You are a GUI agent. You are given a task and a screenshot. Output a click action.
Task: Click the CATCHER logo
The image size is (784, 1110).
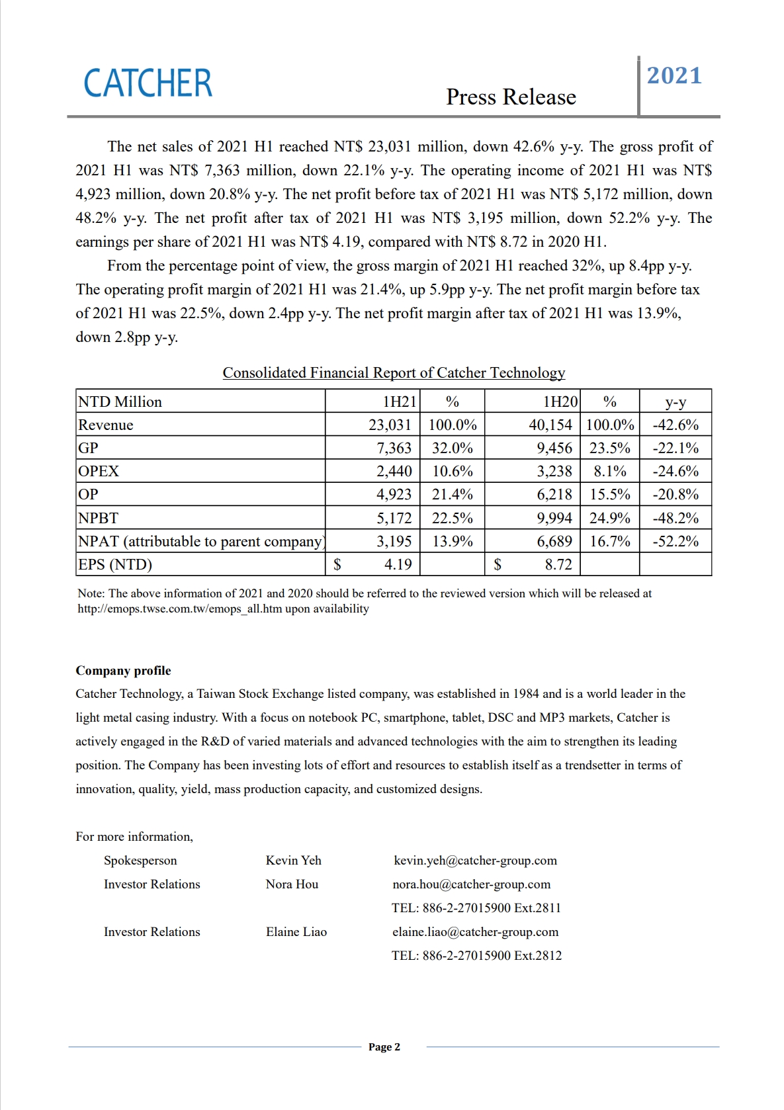pos(148,83)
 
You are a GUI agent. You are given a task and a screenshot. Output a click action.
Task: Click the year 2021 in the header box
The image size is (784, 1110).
pos(674,75)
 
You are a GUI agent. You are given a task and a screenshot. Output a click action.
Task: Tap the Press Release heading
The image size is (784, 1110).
pos(511,97)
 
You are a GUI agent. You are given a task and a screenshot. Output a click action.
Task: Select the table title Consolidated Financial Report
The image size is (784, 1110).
pos(394,373)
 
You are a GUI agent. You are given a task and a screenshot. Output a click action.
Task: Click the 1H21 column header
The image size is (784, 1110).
pos(400,402)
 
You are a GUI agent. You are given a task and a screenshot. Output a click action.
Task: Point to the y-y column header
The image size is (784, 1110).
pos(675,402)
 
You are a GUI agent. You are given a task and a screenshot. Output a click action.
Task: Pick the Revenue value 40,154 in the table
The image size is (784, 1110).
pos(550,425)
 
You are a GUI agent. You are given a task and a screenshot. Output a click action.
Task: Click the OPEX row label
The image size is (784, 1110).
pos(99,471)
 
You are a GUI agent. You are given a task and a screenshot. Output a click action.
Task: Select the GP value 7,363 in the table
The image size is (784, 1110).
pos(394,448)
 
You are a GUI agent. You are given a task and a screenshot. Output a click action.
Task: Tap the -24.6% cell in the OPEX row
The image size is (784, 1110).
pos(675,471)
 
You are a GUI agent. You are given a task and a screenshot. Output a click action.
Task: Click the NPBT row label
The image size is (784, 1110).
pos(98,518)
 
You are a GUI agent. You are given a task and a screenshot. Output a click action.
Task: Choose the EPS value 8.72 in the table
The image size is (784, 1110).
pos(558,564)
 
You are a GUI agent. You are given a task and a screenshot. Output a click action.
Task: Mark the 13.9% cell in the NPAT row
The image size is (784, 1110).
pos(452,541)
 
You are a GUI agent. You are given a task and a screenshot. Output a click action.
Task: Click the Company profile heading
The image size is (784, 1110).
pos(123,671)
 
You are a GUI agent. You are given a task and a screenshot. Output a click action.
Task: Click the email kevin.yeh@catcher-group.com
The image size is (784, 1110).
pos(475,861)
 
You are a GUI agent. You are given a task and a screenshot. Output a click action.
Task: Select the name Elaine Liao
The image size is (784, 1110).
pos(296,932)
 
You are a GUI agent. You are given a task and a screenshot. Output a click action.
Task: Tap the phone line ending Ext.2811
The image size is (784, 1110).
pos(476,908)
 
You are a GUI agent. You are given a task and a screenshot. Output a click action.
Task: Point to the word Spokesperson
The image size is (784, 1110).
pos(140,861)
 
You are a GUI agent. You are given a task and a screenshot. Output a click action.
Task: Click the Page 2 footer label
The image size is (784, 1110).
pos(384,1047)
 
